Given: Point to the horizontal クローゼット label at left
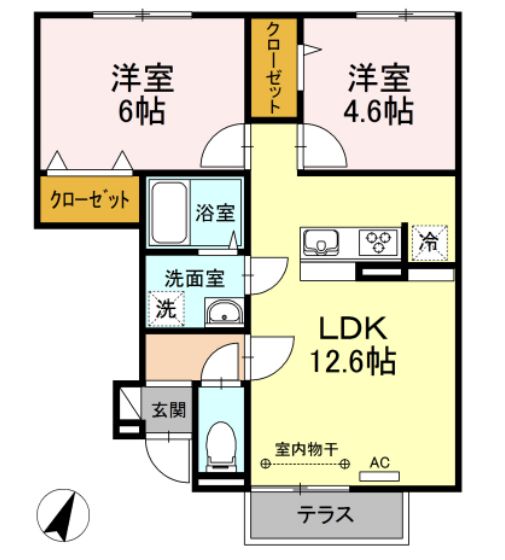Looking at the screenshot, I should coord(90,200).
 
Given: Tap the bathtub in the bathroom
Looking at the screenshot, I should coord(171,212).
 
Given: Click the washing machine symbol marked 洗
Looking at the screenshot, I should coord(166,309).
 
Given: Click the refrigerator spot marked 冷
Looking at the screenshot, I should coord(428,241).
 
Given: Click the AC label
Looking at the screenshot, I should coord(379,462).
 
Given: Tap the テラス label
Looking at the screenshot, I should coord(324,516).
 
